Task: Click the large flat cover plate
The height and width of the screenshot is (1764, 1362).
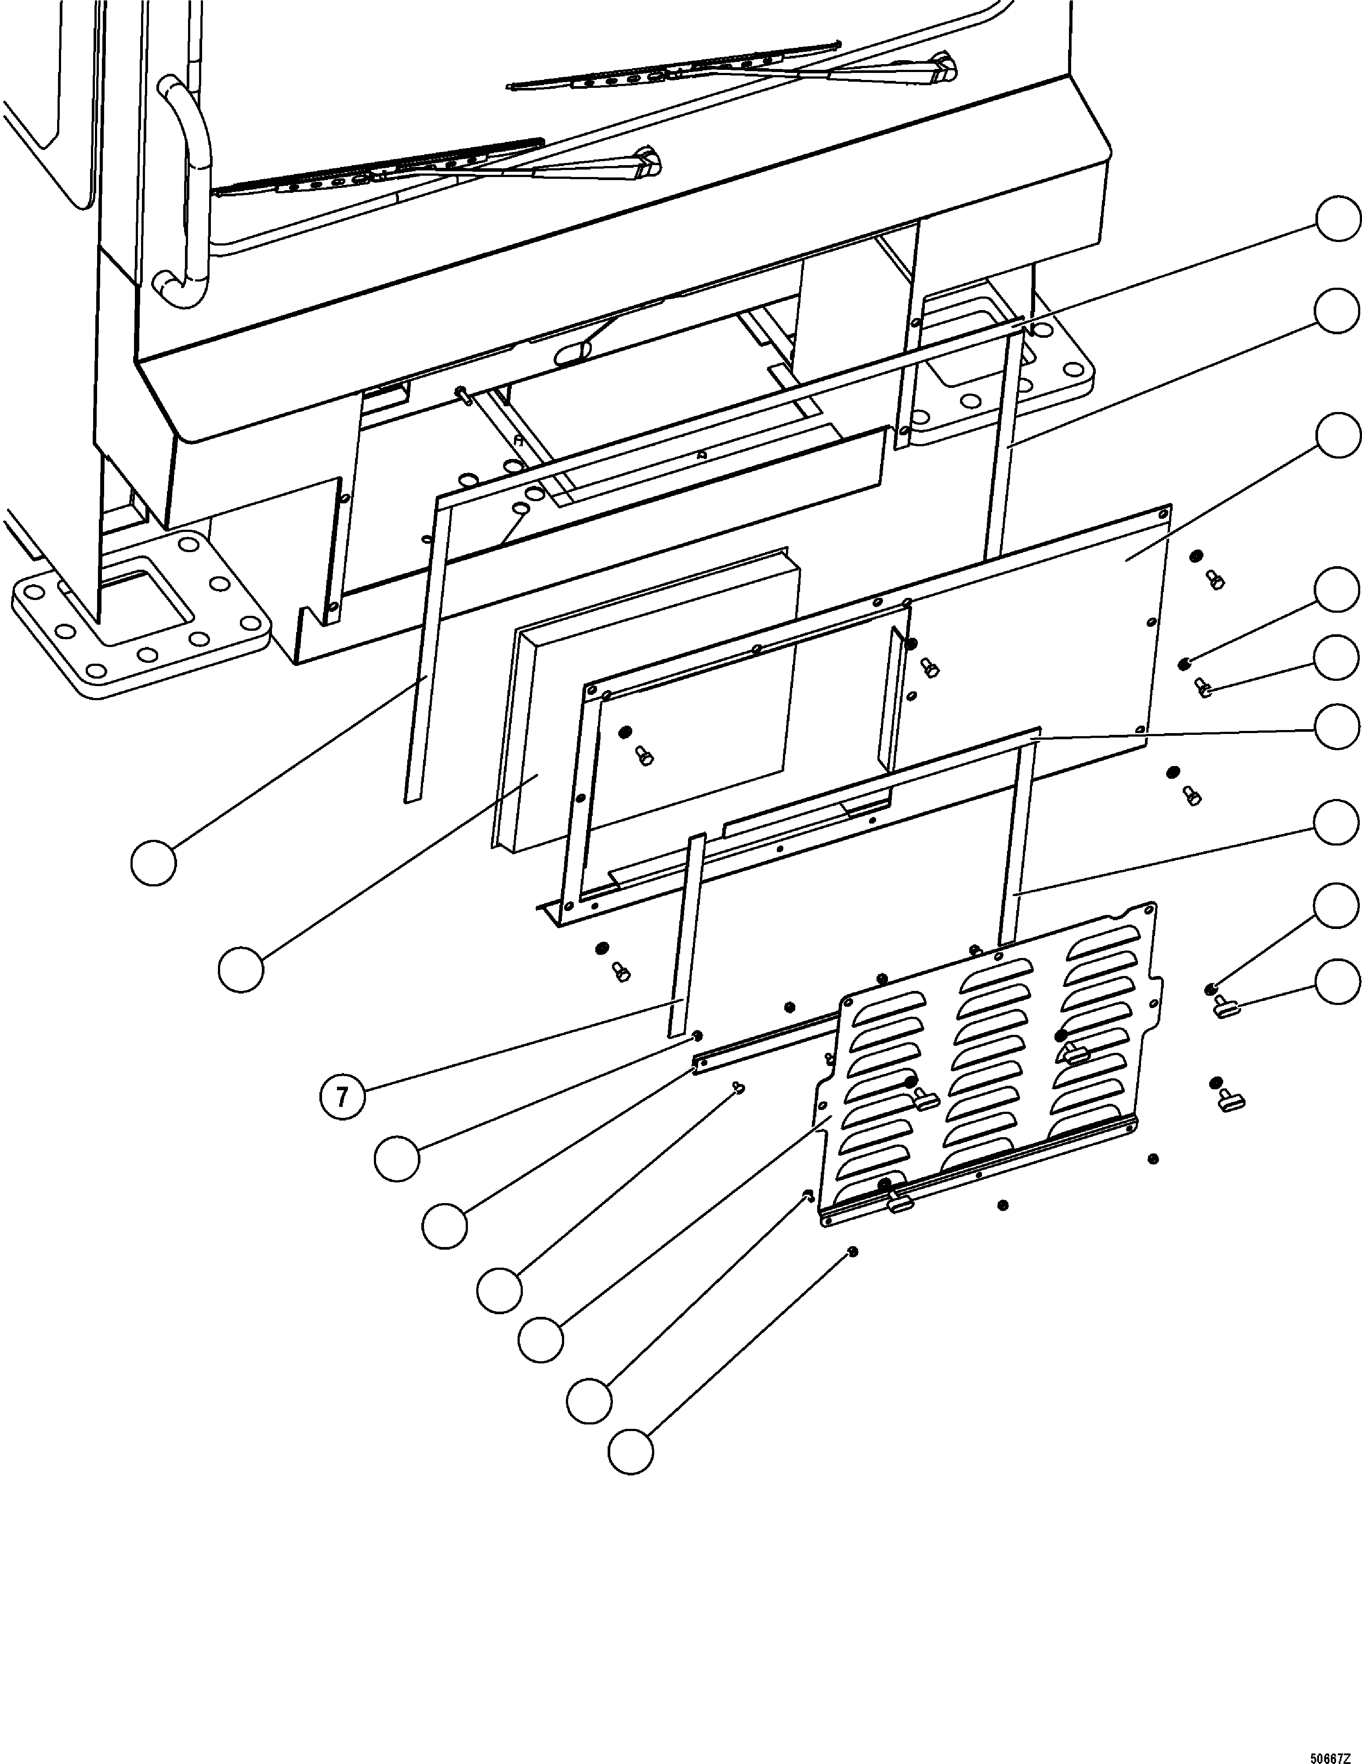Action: click(1042, 646)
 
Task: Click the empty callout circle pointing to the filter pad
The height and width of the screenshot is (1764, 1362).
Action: click(241, 969)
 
